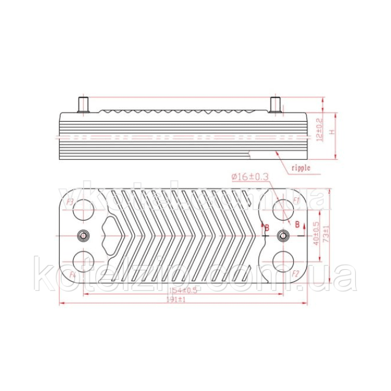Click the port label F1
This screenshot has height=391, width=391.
pos(297,199)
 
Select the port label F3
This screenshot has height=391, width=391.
pos(70,201)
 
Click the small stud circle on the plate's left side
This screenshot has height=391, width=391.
pos(83,236)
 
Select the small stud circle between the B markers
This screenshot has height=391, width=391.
pos(284,236)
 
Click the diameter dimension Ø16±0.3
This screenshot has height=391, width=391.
pos(250,177)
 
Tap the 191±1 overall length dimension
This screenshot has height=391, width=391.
pos(177,300)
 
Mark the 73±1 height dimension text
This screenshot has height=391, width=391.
pos(326,235)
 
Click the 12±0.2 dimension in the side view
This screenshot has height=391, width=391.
pos(319,128)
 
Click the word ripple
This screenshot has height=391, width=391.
pos(300,167)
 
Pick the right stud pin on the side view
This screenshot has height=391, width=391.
pos(275,104)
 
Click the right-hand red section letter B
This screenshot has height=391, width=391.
pos(297,224)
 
